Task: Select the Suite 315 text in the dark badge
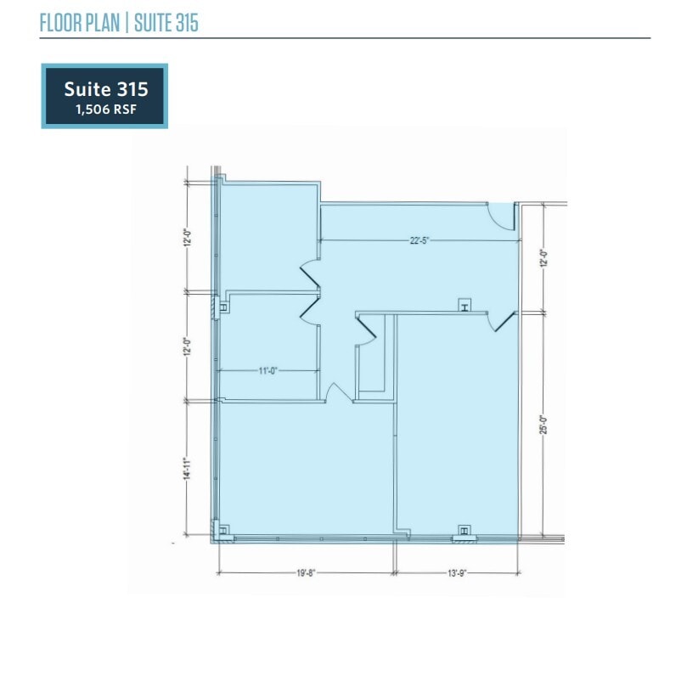(x=105, y=88)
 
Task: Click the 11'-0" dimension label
(x=267, y=370)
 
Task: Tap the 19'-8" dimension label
(x=307, y=573)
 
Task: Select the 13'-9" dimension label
(x=459, y=573)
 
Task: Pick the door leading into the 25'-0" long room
(x=502, y=321)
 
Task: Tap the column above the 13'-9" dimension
(x=465, y=532)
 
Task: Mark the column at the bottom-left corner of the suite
(x=223, y=532)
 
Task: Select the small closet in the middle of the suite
(x=374, y=357)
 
